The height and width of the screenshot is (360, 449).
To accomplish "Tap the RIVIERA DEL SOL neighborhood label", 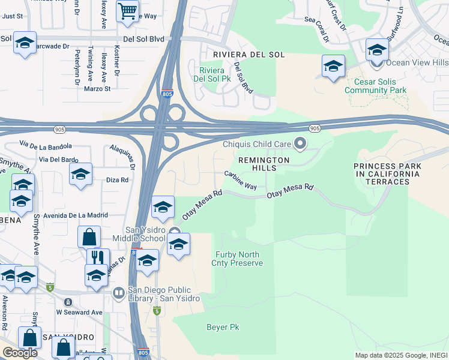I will pyautogui.click(x=240, y=55).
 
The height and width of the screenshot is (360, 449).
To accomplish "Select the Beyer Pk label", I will pyautogui.click(x=223, y=327).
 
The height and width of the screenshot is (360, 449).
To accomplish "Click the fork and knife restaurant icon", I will pyautogui.click(x=98, y=257).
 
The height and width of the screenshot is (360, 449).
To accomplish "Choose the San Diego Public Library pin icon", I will pyautogui.click(x=119, y=292).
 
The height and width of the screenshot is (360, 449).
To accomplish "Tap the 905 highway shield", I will pyautogui.click(x=314, y=129).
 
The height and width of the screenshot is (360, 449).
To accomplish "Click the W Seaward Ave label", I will pyautogui.click(x=79, y=312).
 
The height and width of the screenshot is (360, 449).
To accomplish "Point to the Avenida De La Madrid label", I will pyautogui.click(x=70, y=215).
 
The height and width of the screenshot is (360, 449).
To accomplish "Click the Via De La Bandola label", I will pyautogui.click(x=46, y=145).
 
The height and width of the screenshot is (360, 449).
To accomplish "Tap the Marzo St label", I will pyautogui.click(x=98, y=89).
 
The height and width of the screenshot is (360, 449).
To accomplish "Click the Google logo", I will pyautogui.click(x=20, y=353).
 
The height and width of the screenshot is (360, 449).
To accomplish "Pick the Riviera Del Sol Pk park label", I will pyautogui.click(x=214, y=74).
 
